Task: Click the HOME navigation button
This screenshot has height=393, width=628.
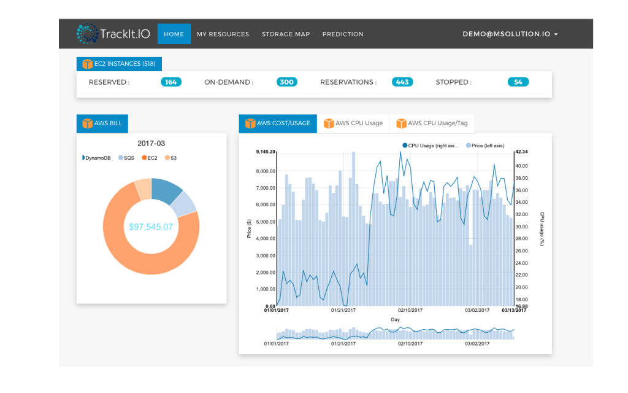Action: tap(174, 34)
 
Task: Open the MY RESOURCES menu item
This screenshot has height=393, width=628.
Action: tap(223, 34)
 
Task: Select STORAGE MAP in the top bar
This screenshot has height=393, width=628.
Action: tap(286, 34)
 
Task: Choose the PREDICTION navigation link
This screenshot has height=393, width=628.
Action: tap(343, 34)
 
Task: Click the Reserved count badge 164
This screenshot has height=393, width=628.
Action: tap(171, 82)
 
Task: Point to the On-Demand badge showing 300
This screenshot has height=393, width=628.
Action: tap(286, 82)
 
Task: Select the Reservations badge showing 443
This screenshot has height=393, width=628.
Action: tap(402, 82)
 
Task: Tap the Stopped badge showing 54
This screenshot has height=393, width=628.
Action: tap(518, 82)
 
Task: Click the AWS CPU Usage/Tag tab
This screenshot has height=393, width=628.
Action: tap(432, 123)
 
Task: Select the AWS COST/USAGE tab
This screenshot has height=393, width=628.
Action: tap(278, 123)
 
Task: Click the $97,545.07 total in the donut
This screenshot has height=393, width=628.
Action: tap(151, 227)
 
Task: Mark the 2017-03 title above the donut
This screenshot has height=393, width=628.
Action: tap(151, 144)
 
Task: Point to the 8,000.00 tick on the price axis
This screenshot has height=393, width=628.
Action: tap(265, 172)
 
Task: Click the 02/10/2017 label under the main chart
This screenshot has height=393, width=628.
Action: tap(410, 311)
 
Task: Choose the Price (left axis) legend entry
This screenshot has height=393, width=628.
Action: tap(485, 146)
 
